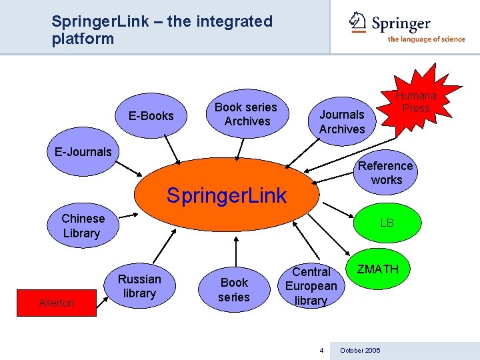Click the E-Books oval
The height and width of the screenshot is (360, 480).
151,116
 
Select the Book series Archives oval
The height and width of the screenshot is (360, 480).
247,114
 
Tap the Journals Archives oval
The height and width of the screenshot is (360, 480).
341,121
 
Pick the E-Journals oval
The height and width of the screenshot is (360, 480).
83,152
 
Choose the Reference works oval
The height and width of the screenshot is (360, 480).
386,173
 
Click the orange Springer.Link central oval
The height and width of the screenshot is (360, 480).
226,195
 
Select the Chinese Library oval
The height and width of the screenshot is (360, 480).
83,226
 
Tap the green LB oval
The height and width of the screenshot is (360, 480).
387,223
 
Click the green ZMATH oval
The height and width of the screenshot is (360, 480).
377,269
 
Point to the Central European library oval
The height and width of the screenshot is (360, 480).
311,286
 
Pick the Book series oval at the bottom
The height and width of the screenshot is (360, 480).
234,290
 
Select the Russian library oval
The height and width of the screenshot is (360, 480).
139,286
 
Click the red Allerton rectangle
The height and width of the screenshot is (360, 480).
57,303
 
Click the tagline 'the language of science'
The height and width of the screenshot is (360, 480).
426,39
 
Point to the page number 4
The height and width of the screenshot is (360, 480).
321,350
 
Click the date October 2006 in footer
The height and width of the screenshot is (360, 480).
360,350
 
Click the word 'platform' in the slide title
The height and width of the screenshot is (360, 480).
83,39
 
